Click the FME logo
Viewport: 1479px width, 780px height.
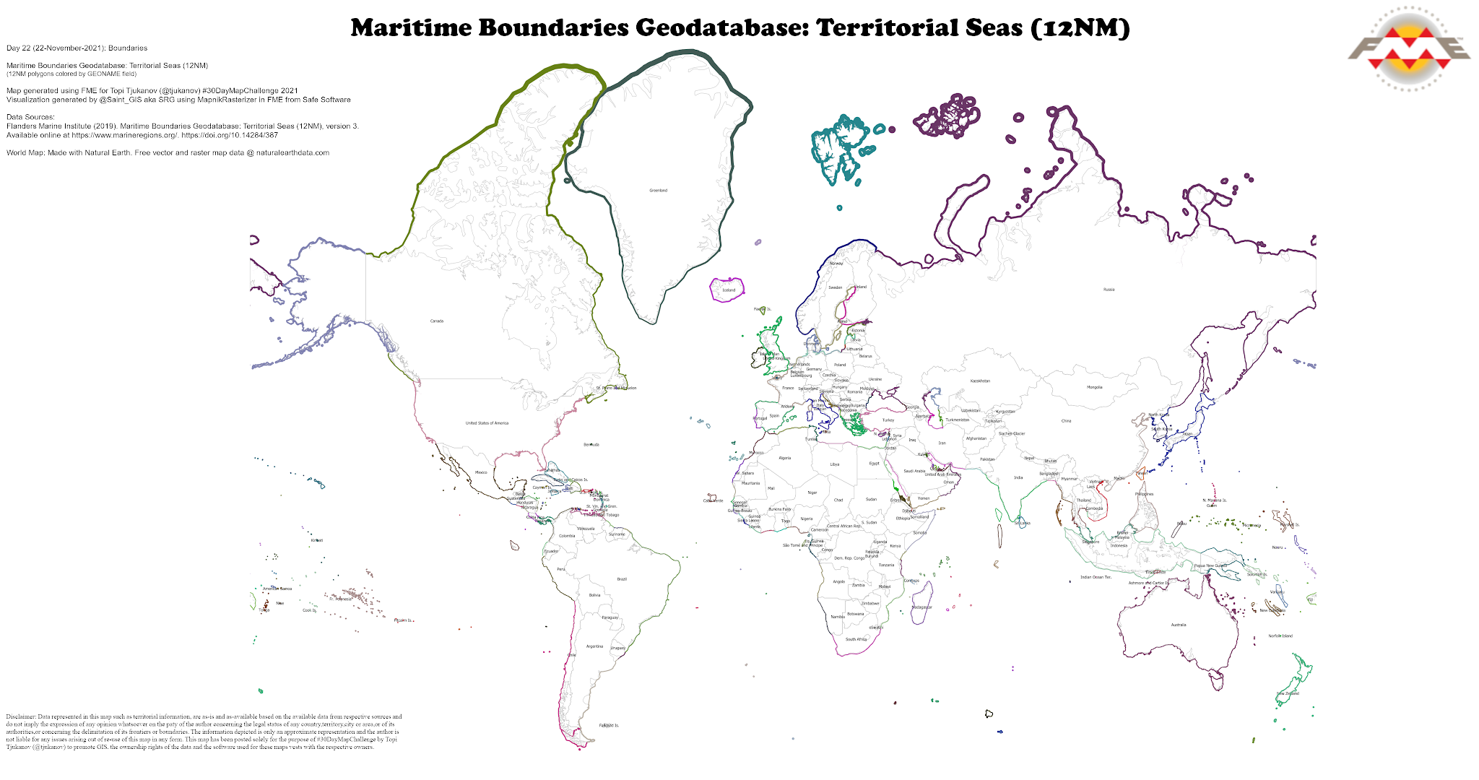pos(1408,49)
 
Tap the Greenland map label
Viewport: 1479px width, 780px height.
pos(658,191)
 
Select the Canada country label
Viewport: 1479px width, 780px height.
pos(437,321)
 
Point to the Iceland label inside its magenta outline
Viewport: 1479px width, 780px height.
pos(729,290)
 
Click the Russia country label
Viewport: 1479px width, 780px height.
pos(1109,290)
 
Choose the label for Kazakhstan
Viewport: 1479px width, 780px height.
pos(980,381)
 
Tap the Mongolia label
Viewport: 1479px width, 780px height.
pos(1094,387)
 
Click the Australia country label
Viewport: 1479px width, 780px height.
pos(1178,625)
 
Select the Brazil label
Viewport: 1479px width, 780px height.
pos(622,579)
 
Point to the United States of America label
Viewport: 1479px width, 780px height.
pos(487,423)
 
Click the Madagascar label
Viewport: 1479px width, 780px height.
pos(921,607)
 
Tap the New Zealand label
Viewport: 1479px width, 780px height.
pos(1288,693)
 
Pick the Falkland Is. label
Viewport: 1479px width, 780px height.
pos(609,725)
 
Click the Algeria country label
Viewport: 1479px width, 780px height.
pos(785,458)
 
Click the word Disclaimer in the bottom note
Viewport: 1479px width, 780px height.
pos(21,717)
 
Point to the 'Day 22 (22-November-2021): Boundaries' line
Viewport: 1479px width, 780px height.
pos(77,48)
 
